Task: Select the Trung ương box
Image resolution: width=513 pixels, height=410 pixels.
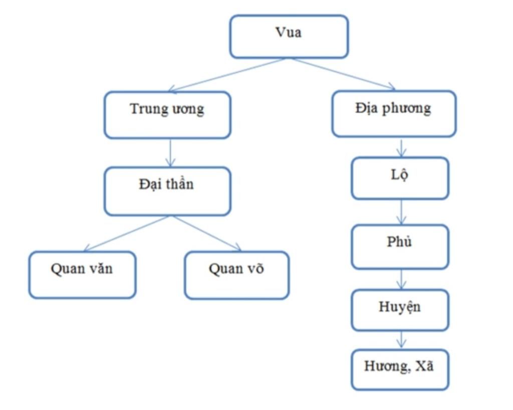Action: pyautogui.click(x=167, y=114)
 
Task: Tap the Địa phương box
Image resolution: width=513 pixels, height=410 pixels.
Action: pyautogui.click(x=394, y=113)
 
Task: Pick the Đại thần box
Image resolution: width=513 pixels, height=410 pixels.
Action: pyautogui.click(x=167, y=191)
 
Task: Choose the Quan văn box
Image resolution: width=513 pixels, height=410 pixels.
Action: pyautogui.click(x=82, y=275)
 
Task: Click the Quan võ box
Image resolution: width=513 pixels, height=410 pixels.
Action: pyautogui.click(x=236, y=275)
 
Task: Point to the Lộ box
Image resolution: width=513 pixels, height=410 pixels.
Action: pyautogui.click(x=400, y=178)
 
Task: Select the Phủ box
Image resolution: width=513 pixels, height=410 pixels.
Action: pyautogui.click(x=400, y=246)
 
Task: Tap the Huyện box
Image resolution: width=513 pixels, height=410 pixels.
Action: pyautogui.click(x=400, y=310)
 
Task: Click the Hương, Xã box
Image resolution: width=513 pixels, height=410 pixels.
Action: pyautogui.click(x=400, y=370)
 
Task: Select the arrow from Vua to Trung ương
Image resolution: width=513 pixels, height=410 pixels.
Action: pyautogui.click(x=228, y=75)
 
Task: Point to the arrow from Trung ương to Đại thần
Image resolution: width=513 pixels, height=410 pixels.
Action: pyautogui.click(x=170, y=152)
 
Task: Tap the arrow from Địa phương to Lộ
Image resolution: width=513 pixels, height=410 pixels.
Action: pyautogui.click(x=401, y=147)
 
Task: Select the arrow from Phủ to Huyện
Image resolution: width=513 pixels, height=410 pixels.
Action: pyautogui.click(x=401, y=279)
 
